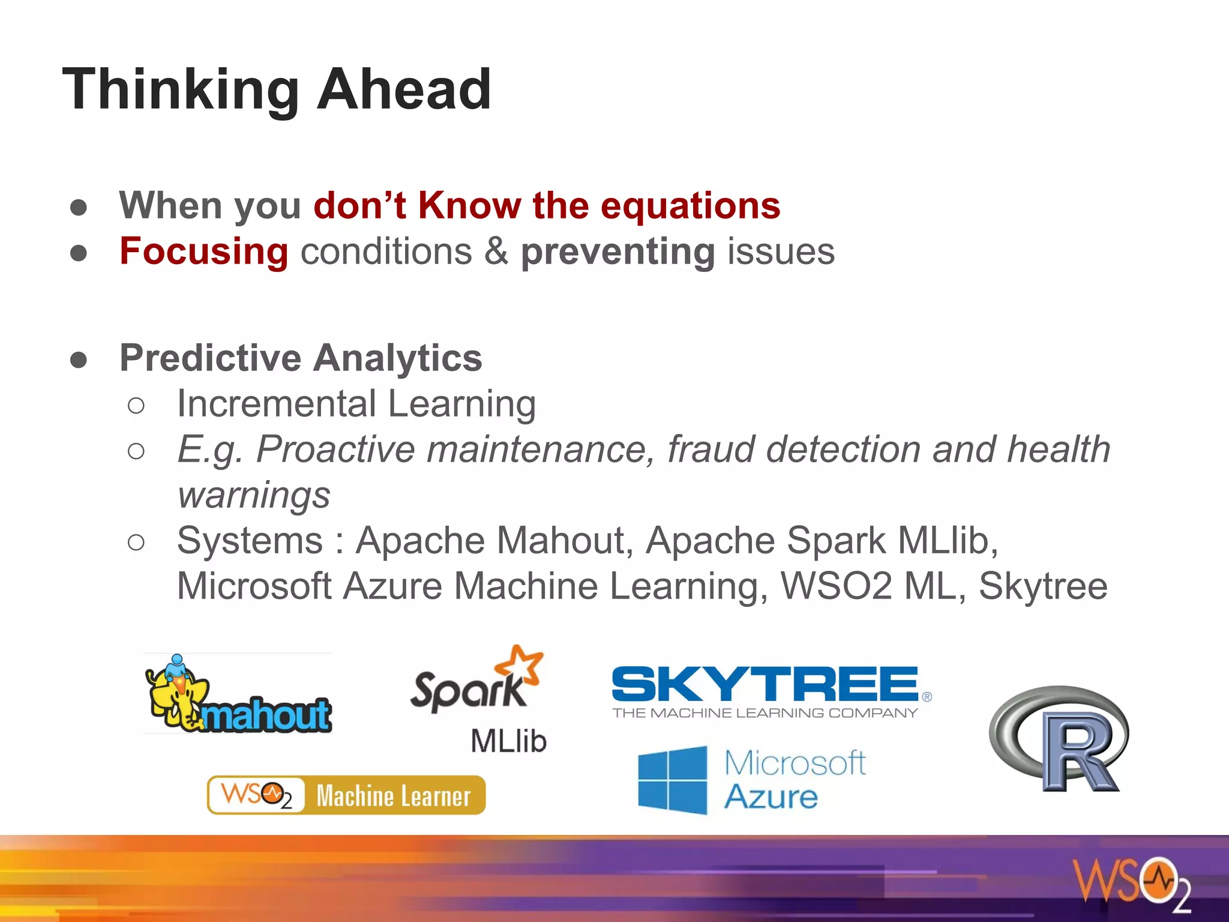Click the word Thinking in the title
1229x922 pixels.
180,90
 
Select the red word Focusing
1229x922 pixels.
203,251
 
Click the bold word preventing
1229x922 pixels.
618,252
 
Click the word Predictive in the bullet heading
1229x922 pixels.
210,358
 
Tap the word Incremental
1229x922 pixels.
275,403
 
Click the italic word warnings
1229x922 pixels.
254,496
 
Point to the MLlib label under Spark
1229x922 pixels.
508,741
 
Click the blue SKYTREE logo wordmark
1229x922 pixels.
765,684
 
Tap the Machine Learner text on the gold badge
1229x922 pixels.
393,796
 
